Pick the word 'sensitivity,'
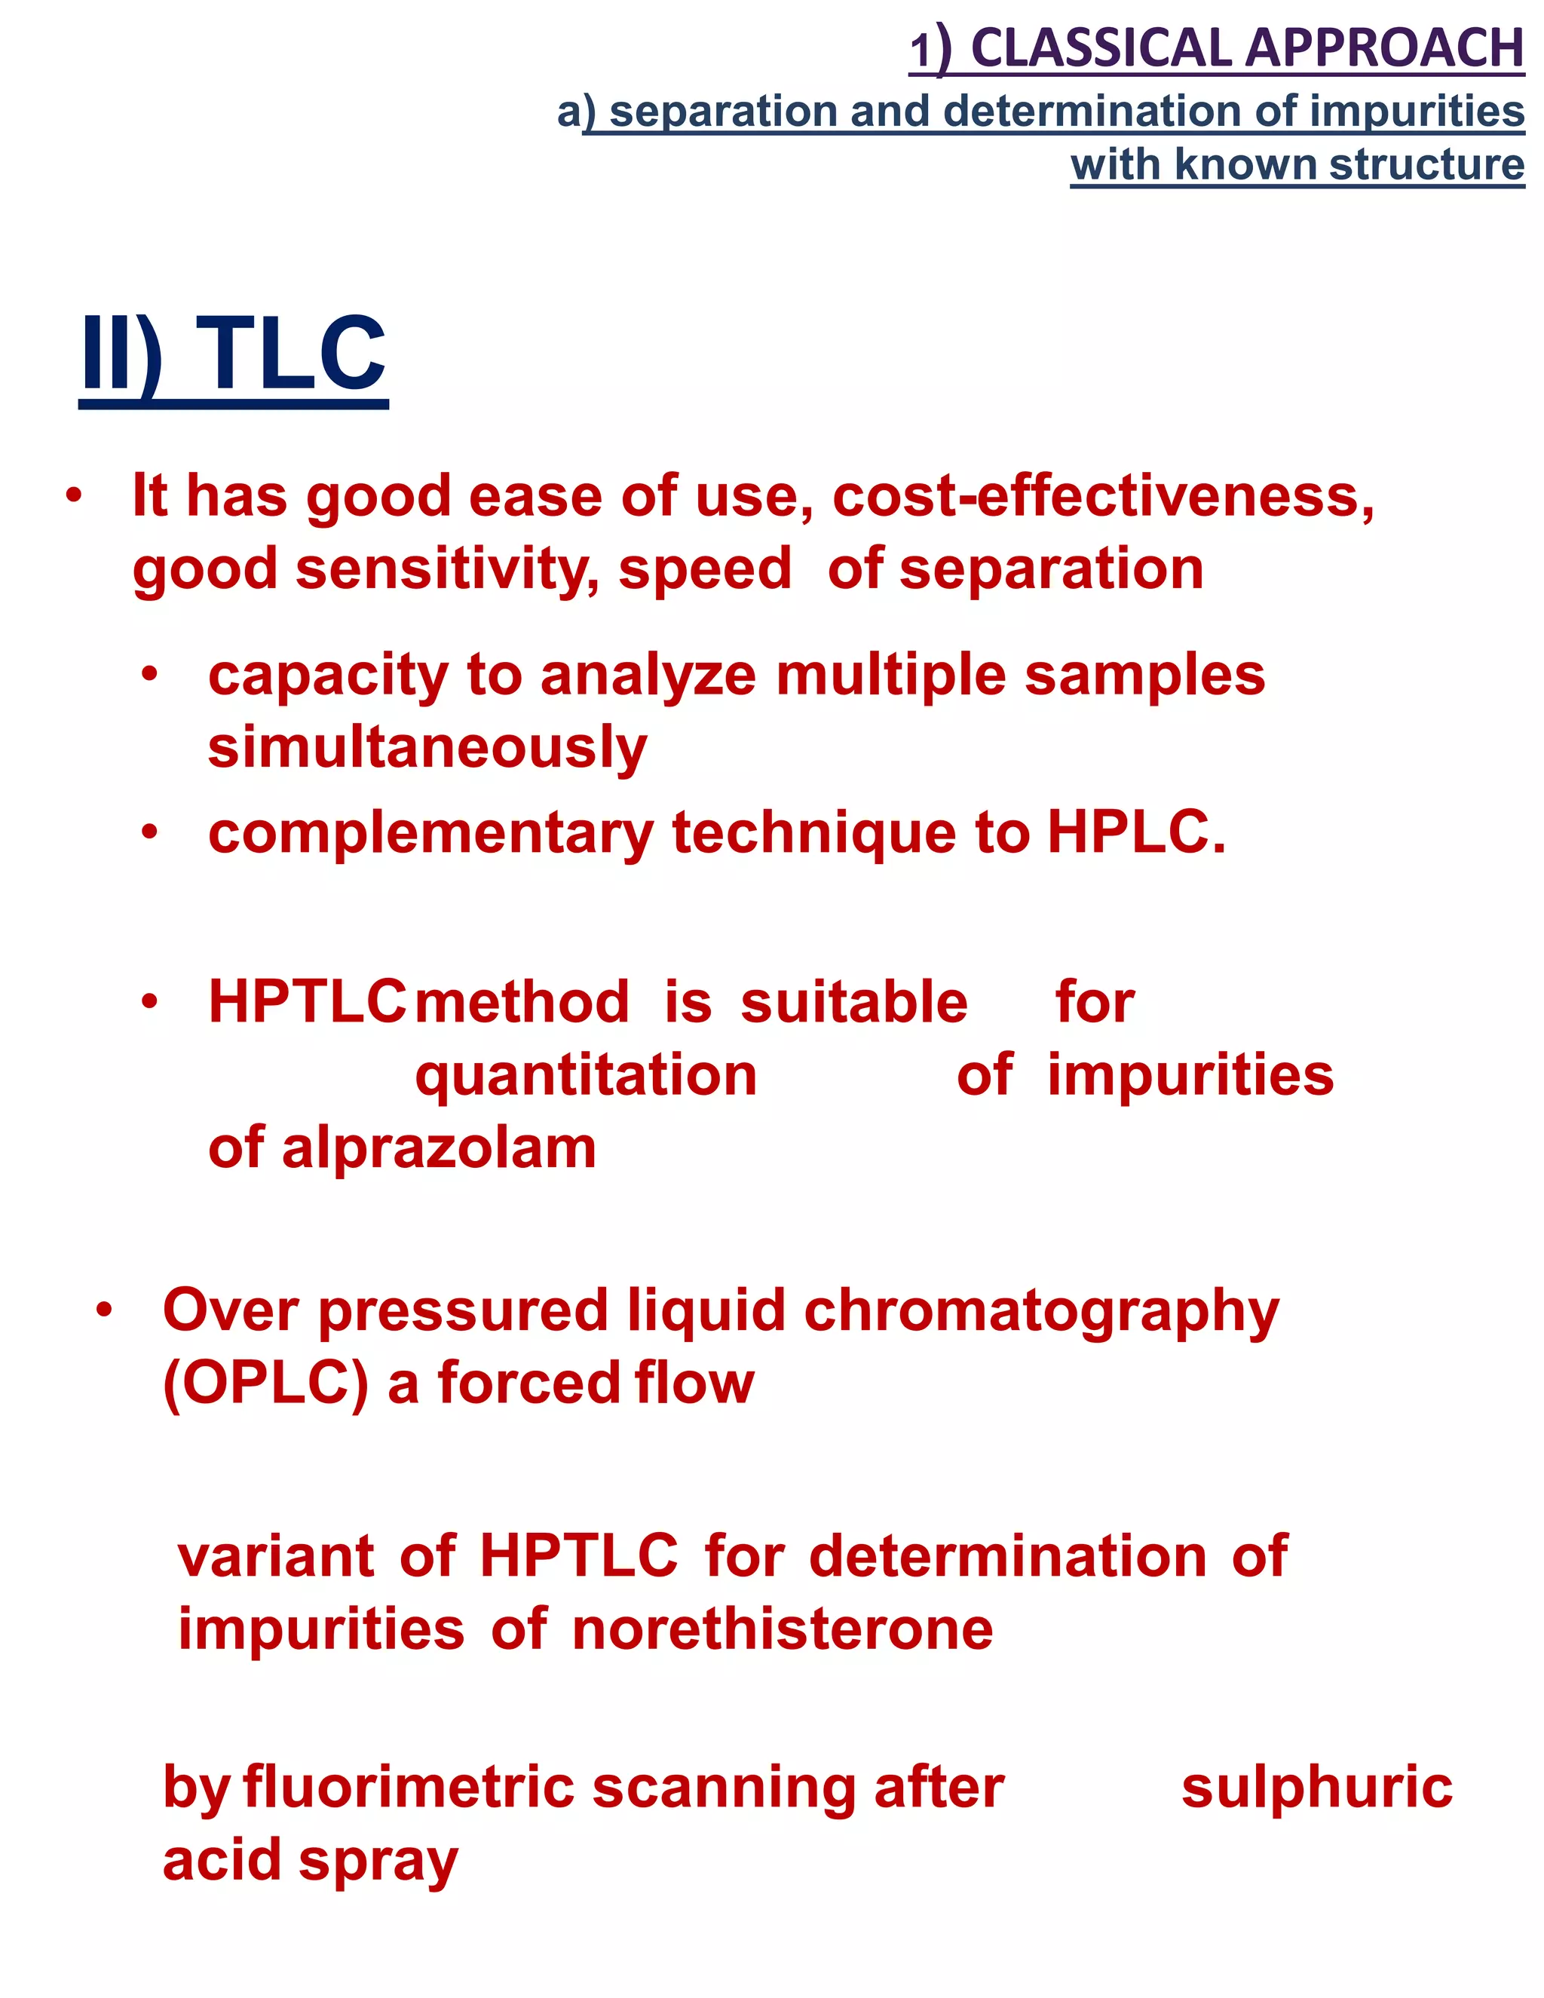point(447,569)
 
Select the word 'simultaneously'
point(427,749)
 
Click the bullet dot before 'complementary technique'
point(150,833)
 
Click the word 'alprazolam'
point(438,1148)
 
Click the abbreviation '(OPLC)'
point(265,1384)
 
